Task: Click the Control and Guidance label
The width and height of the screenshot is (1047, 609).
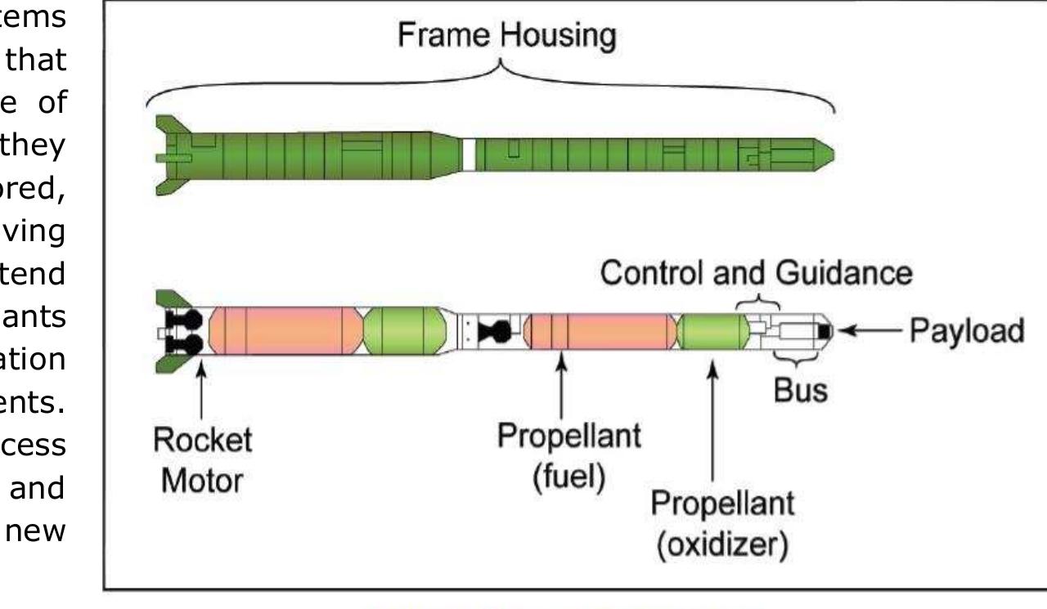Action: tap(756, 273)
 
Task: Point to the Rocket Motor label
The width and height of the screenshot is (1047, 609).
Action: tap(202, 460)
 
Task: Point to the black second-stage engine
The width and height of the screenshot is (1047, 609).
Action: tap(497, 331)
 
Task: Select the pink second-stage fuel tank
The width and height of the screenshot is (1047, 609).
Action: tap(600, 331)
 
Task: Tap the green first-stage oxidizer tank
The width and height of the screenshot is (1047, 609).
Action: tap(405, 331)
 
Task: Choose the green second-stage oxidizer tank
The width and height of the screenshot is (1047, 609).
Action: tap(713, 331)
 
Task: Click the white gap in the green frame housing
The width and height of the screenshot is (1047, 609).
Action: tap(468, 154)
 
